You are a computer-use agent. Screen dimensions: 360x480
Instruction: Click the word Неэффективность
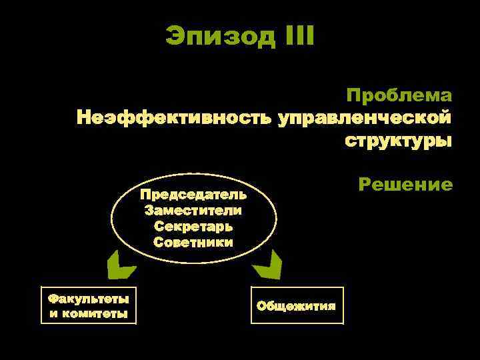[x=174, y=118]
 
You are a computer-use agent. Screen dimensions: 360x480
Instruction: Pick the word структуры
[x=398, y=141]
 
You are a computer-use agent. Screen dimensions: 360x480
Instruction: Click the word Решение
[x=405, y=185]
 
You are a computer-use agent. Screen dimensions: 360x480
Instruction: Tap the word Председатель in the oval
[x=193, y=195]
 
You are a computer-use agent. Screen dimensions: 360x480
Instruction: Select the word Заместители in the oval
[x=193, y=211]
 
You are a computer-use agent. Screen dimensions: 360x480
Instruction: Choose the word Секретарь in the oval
[x=193, y=226]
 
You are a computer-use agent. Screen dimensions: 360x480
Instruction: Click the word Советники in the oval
[x=193, y=241]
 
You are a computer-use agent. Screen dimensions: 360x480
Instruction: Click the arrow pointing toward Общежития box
[x=267, y=267]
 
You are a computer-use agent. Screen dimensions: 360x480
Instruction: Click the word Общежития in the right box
[x=297, y=305]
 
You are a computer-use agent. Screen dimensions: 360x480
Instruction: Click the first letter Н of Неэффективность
[x=83, y=118]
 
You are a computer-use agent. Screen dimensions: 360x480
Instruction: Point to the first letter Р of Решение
[x=364, y=185]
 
